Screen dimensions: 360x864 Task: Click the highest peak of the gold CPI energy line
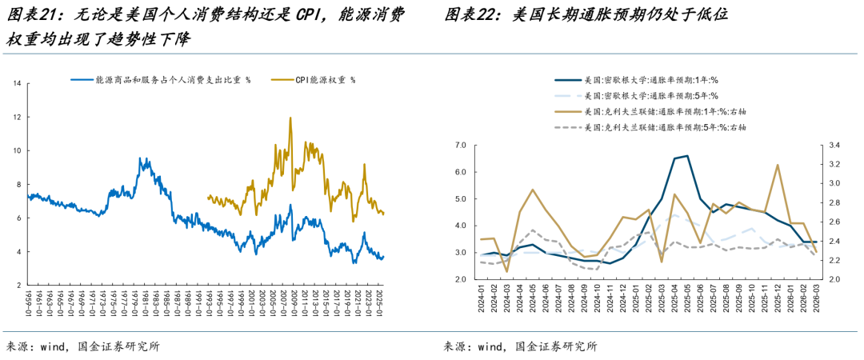click(x=290, y=118)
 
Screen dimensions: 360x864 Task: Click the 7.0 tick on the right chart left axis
click(x=460, y=146)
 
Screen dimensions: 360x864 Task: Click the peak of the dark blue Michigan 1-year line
click(x=687, y=156)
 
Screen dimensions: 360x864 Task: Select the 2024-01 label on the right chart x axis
click(x=481, y=301)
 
